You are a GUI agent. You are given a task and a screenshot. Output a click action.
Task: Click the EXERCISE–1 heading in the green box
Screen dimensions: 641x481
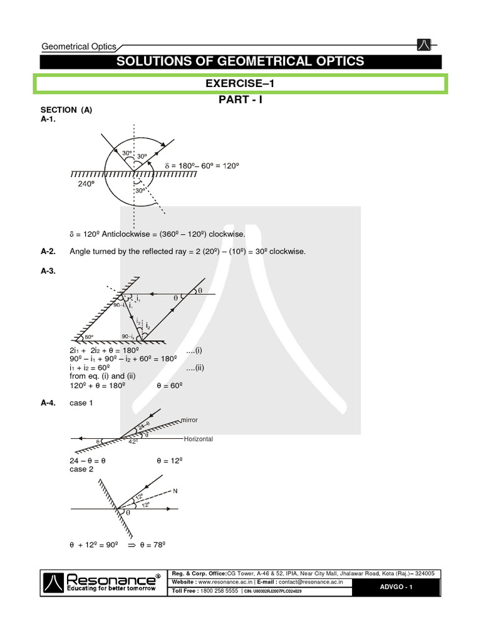click(x=240, y=83)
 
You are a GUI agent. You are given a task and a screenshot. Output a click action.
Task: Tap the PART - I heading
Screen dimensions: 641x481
click(x=240, y=100)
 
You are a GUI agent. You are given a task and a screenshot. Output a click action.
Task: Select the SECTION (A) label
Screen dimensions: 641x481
click(x=66, y=110)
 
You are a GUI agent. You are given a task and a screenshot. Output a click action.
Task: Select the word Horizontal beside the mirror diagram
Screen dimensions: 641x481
click(x=198, y=439)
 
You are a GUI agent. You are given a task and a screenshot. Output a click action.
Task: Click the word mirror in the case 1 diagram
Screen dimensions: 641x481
click(x=189, y=420)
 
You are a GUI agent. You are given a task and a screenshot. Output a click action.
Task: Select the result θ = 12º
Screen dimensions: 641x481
click(x=169, y=460)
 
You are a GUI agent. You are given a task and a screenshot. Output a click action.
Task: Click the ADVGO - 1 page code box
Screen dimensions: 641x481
click(x=396, y=587)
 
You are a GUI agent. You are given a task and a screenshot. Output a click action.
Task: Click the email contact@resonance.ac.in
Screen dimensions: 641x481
click(x=313, y=582)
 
